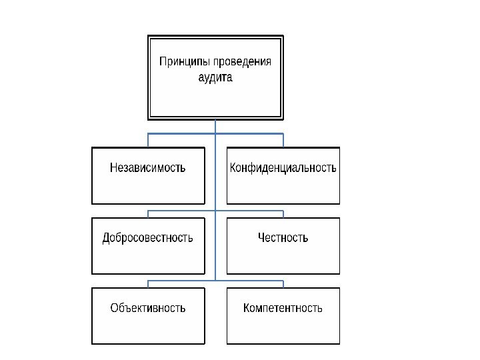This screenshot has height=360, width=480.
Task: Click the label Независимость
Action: click(x=147, y=167)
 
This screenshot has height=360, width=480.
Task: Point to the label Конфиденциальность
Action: click(x=283, y=167)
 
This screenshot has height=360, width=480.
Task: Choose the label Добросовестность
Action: click(x=147, y=237)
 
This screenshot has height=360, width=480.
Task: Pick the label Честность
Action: click(x=283, y=237)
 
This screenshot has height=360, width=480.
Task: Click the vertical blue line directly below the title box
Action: click(x=215, y=127)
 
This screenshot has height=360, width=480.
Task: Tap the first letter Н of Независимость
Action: click(x=113, y=167)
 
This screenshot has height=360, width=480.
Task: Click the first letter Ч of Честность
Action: click(x=261, y=237)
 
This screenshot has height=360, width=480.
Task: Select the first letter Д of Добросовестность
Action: click(x=106, y=237)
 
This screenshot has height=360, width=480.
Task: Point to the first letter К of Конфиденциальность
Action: click(x=233, y=167)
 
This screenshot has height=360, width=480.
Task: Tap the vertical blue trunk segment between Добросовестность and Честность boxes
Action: click(x=215, y=245)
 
